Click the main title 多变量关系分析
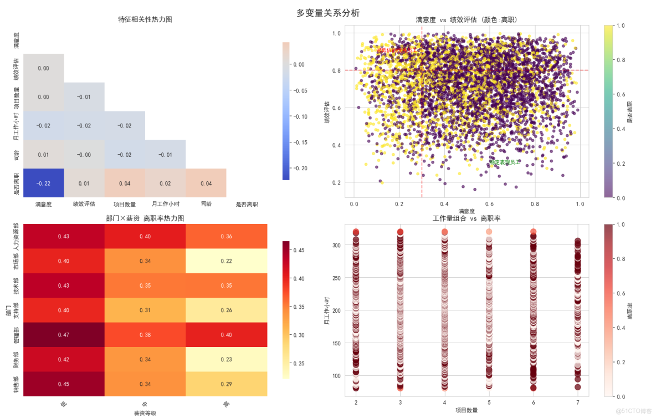(x=328, y=13)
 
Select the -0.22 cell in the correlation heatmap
(x=43, y=183)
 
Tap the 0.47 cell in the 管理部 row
(x=64, y=334)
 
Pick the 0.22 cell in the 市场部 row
(x=226, y=261)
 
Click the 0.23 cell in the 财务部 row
(x=226, y=359)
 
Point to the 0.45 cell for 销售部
(x=64, y=384)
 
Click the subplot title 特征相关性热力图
(x=145, y=19)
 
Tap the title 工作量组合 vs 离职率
(x=467, y=218)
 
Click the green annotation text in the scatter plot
(x=504, y=162)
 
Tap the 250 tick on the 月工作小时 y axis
(x=336, y=278)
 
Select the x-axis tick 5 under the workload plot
(x=489, y=401)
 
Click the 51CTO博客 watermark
(x=635, y=411)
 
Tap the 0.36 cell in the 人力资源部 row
(x=226, y=236)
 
